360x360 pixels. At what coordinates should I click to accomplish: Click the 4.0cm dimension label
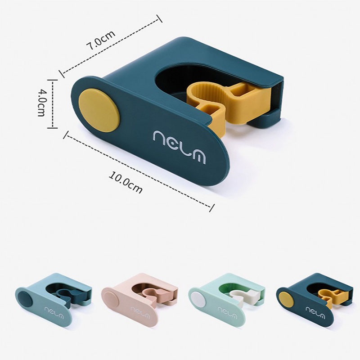pos(41,103)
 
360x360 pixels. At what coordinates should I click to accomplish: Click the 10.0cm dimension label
pos(126,182)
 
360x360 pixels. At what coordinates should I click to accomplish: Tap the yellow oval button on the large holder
pos(99,111)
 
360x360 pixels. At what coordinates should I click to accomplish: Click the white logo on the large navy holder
pos(179,147)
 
